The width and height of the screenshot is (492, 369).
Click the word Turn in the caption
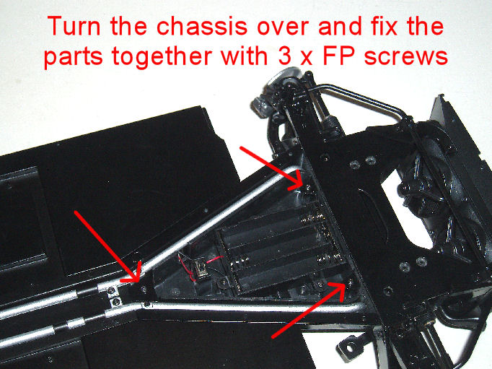[74, 26]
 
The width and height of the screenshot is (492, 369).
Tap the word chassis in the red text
[202, 26]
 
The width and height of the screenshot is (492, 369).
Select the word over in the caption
[283, 28]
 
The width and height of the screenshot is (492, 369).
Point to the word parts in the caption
[74, 58]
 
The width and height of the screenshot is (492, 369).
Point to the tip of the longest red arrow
[139, 282]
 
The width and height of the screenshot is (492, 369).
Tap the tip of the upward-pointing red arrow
[345, 283]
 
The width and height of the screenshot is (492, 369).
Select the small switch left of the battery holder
[200, 269]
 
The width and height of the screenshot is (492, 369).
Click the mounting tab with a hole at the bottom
[351, 347]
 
